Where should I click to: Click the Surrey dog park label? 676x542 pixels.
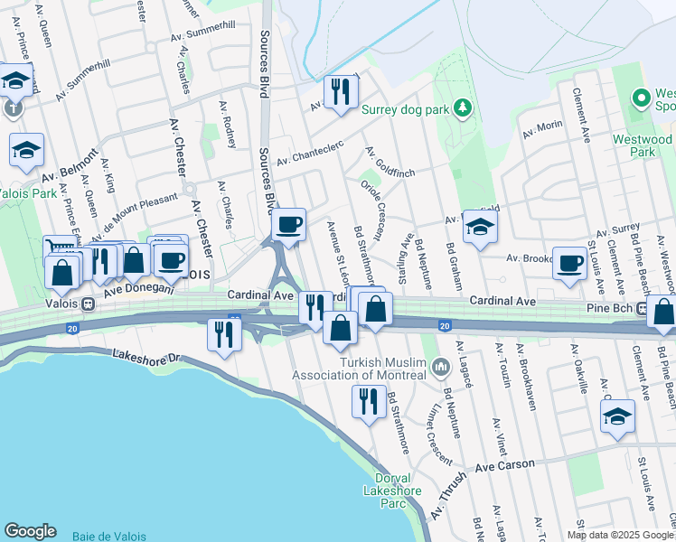click(405, 110)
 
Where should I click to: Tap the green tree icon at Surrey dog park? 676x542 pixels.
click(464, 109)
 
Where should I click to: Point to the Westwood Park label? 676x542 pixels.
click(643, 146)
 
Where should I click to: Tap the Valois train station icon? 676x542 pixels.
click(89, 304)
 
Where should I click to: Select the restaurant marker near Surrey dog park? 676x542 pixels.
click(341, 92)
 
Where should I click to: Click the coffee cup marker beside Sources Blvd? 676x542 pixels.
click(288, 225)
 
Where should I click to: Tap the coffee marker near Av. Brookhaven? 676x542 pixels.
click(569, 264)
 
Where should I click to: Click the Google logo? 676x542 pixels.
click(30, 531)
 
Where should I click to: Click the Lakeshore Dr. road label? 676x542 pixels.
click(147, 360)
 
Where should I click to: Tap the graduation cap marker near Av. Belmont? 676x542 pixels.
click(26, 150)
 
